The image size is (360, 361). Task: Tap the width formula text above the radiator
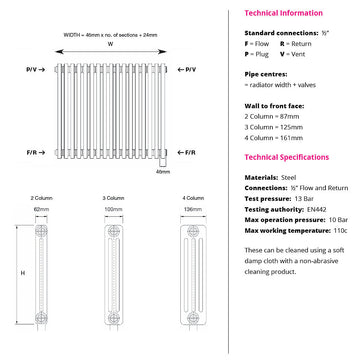coord(111,34)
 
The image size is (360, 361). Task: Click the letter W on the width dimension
coord(111,44)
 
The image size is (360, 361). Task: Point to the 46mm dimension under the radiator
coord(163,171)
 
